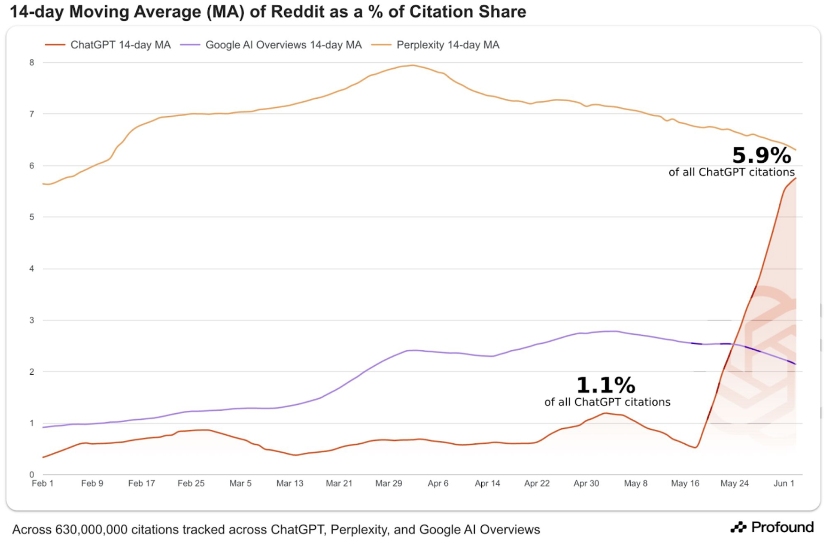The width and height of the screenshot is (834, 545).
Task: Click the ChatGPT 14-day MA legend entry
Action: pos(120,45)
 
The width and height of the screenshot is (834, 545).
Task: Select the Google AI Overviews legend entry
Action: pos(283,45)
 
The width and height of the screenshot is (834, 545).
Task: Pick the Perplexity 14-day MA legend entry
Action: pos(447,45)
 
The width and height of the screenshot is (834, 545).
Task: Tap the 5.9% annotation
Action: pos(761,156)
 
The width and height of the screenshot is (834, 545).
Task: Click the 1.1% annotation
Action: pos(606,386)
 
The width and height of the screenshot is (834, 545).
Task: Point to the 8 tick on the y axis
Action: pos(32,62)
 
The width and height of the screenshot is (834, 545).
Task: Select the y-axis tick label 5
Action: pos(32,217)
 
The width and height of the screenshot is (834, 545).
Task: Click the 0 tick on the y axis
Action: pos(32,474)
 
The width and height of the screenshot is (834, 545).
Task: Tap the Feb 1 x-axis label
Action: pos(42,483)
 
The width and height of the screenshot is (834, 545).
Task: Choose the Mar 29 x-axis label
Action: pos(388,483)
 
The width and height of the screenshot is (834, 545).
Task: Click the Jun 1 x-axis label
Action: pos(784,483)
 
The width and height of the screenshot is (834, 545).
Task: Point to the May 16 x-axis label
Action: pos(685,483)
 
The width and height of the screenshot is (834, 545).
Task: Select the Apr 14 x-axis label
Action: pos(487,483)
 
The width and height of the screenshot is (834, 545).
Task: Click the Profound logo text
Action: pos(782,527)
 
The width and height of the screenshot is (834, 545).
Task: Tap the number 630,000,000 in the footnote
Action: pos(91,530)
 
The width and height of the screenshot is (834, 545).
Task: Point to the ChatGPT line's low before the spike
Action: pos(695,448)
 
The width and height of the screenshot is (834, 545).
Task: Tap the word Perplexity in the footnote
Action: pos(358,530)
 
